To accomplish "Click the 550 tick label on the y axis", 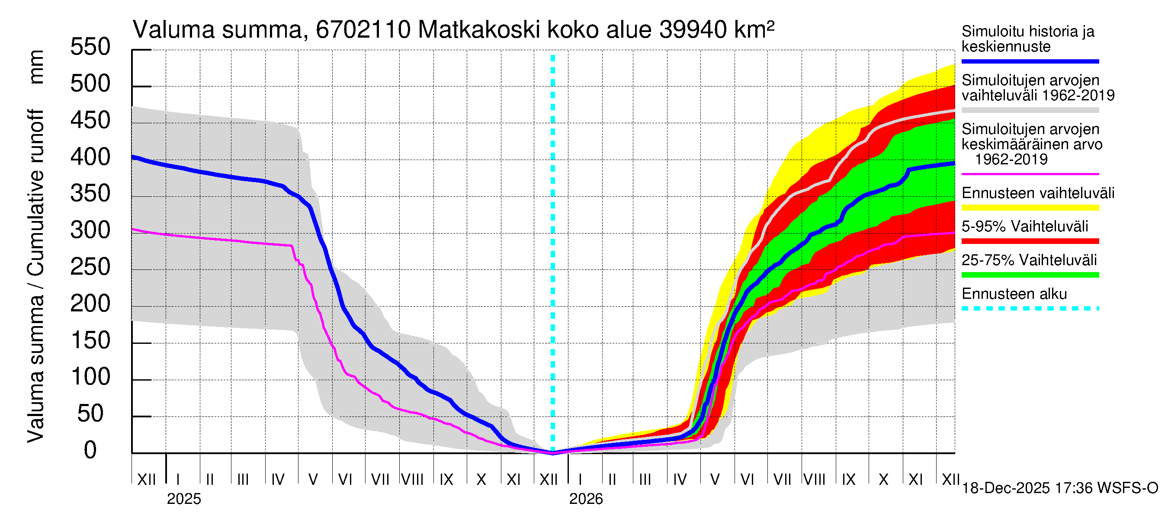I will point(90,47).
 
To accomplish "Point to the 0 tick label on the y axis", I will point(90,450).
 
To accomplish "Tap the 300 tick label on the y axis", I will point(90,230).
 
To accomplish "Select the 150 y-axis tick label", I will point(90,340).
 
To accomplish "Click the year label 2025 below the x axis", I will point(183,499).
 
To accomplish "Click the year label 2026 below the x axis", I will point(586,499).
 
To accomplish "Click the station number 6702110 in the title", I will point(363,30).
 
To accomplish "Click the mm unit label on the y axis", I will point(36,67).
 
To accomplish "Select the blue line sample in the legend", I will point(1030,61).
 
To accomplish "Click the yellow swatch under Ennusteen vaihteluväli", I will point(1030,208).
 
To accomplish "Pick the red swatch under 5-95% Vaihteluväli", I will point(1030,241).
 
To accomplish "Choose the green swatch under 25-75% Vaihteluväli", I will point(1030,275).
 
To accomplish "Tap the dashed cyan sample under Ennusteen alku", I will point(1030,309).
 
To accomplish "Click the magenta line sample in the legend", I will point(1030,174).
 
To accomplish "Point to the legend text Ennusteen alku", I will point(1014,294).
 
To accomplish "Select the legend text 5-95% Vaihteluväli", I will point(1024,227).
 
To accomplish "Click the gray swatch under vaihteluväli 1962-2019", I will point(1030,110).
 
